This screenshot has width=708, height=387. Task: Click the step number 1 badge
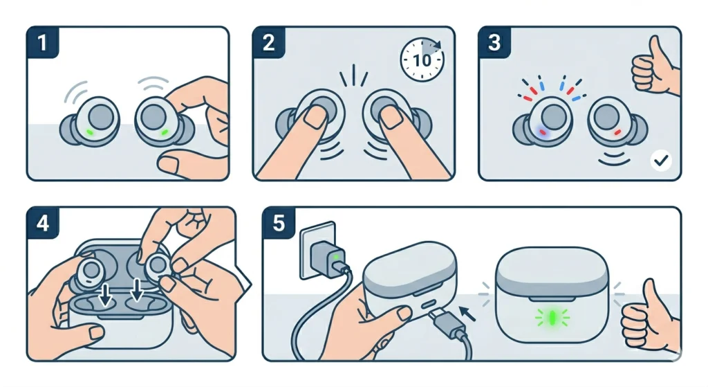[43, 42]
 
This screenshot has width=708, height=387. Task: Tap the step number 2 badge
[269, 42]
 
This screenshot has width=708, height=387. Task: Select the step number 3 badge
[494, 42]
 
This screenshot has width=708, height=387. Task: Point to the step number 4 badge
[43, 223]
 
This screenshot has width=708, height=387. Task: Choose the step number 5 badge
[279, 223]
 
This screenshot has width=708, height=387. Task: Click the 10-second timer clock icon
[422, 60]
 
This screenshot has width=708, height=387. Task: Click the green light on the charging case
[552, 318]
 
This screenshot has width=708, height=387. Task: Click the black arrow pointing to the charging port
[467, 314]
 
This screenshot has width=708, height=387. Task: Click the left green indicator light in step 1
[90, 132]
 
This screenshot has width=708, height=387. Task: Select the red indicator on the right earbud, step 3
[617, 132]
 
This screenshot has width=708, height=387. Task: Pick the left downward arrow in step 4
[106, 294]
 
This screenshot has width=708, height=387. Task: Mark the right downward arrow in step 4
[137, 290]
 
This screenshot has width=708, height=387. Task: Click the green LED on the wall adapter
[335, 257]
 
